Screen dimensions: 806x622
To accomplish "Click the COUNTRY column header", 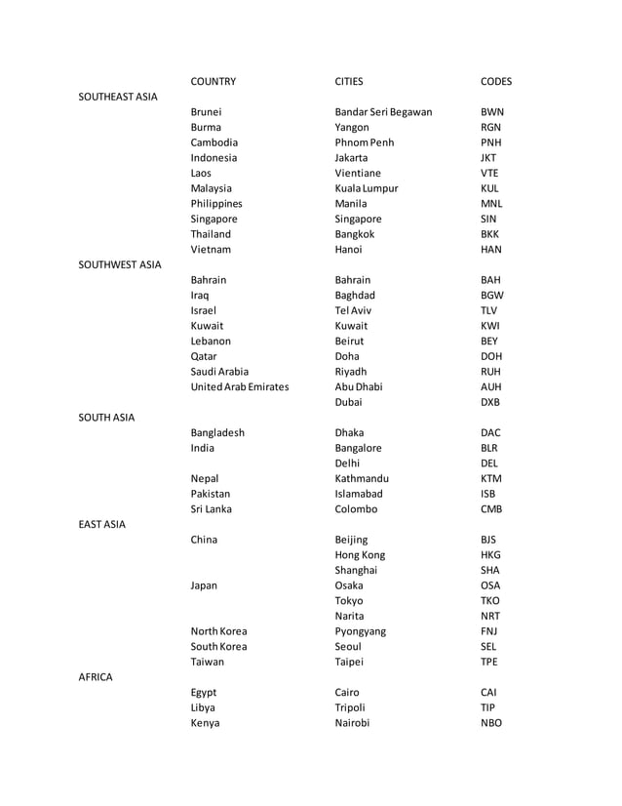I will (214, 82).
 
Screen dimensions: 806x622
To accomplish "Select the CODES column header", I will (496, 82).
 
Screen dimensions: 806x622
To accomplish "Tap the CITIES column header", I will (349, 82).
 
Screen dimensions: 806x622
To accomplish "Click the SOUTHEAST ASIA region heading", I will (118, 97).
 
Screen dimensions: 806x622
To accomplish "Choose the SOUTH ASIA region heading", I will (106, 418).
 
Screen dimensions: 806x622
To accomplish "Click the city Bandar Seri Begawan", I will (383, 112).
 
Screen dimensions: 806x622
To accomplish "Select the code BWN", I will (492, 112).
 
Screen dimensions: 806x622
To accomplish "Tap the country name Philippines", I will (216, 204).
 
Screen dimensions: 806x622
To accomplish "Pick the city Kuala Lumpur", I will (367, 188).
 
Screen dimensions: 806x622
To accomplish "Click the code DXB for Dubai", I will (490, 402).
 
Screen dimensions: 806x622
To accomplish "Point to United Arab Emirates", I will (240, 387).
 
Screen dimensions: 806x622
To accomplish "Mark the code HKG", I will (491, 555).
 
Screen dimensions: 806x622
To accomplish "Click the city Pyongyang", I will (360, 631).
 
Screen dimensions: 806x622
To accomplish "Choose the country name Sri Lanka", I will (212, 509).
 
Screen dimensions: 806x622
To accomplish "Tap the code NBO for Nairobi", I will (491, 723).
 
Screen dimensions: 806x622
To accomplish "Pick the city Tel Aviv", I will (354, 310).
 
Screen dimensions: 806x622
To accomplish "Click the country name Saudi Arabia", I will (219, 372).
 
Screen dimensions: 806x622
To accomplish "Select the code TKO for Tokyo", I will (490, 601).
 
